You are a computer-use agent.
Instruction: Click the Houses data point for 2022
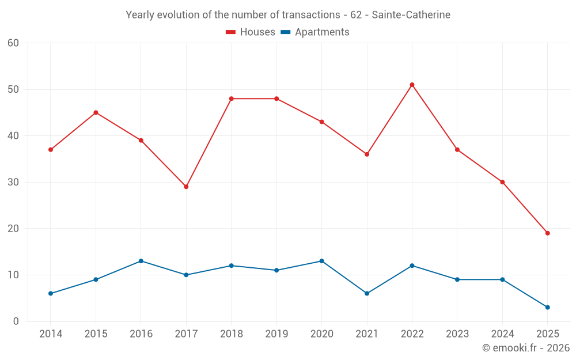click(412, 85)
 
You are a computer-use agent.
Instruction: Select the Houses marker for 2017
click(186, 187)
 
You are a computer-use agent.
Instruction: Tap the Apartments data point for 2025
click(547, 307)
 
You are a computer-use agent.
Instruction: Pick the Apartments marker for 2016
click(141, 261)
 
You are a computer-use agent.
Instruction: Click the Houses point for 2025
click(547, 233)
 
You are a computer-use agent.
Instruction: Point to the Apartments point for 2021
click(367, 293)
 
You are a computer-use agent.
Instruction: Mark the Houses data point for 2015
click(96, 112)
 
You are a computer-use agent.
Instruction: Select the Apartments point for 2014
click(51, 293)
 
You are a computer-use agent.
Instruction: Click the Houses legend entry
click(251, 32)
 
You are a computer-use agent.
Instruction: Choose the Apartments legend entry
click(315, 32)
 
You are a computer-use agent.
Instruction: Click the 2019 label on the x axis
click(276, 334)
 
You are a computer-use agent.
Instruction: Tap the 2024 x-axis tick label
click(502, 334)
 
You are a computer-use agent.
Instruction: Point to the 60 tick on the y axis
click(13, 43)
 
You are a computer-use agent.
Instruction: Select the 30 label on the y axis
click(13, 182)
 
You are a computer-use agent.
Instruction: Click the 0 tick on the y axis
click(16, 321)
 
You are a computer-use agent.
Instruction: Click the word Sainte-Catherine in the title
click(411, 14)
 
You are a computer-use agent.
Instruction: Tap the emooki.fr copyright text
click(526, 348)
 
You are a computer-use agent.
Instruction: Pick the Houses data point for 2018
click(232, 98)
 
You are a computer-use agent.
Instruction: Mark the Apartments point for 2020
click(321, 261)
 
